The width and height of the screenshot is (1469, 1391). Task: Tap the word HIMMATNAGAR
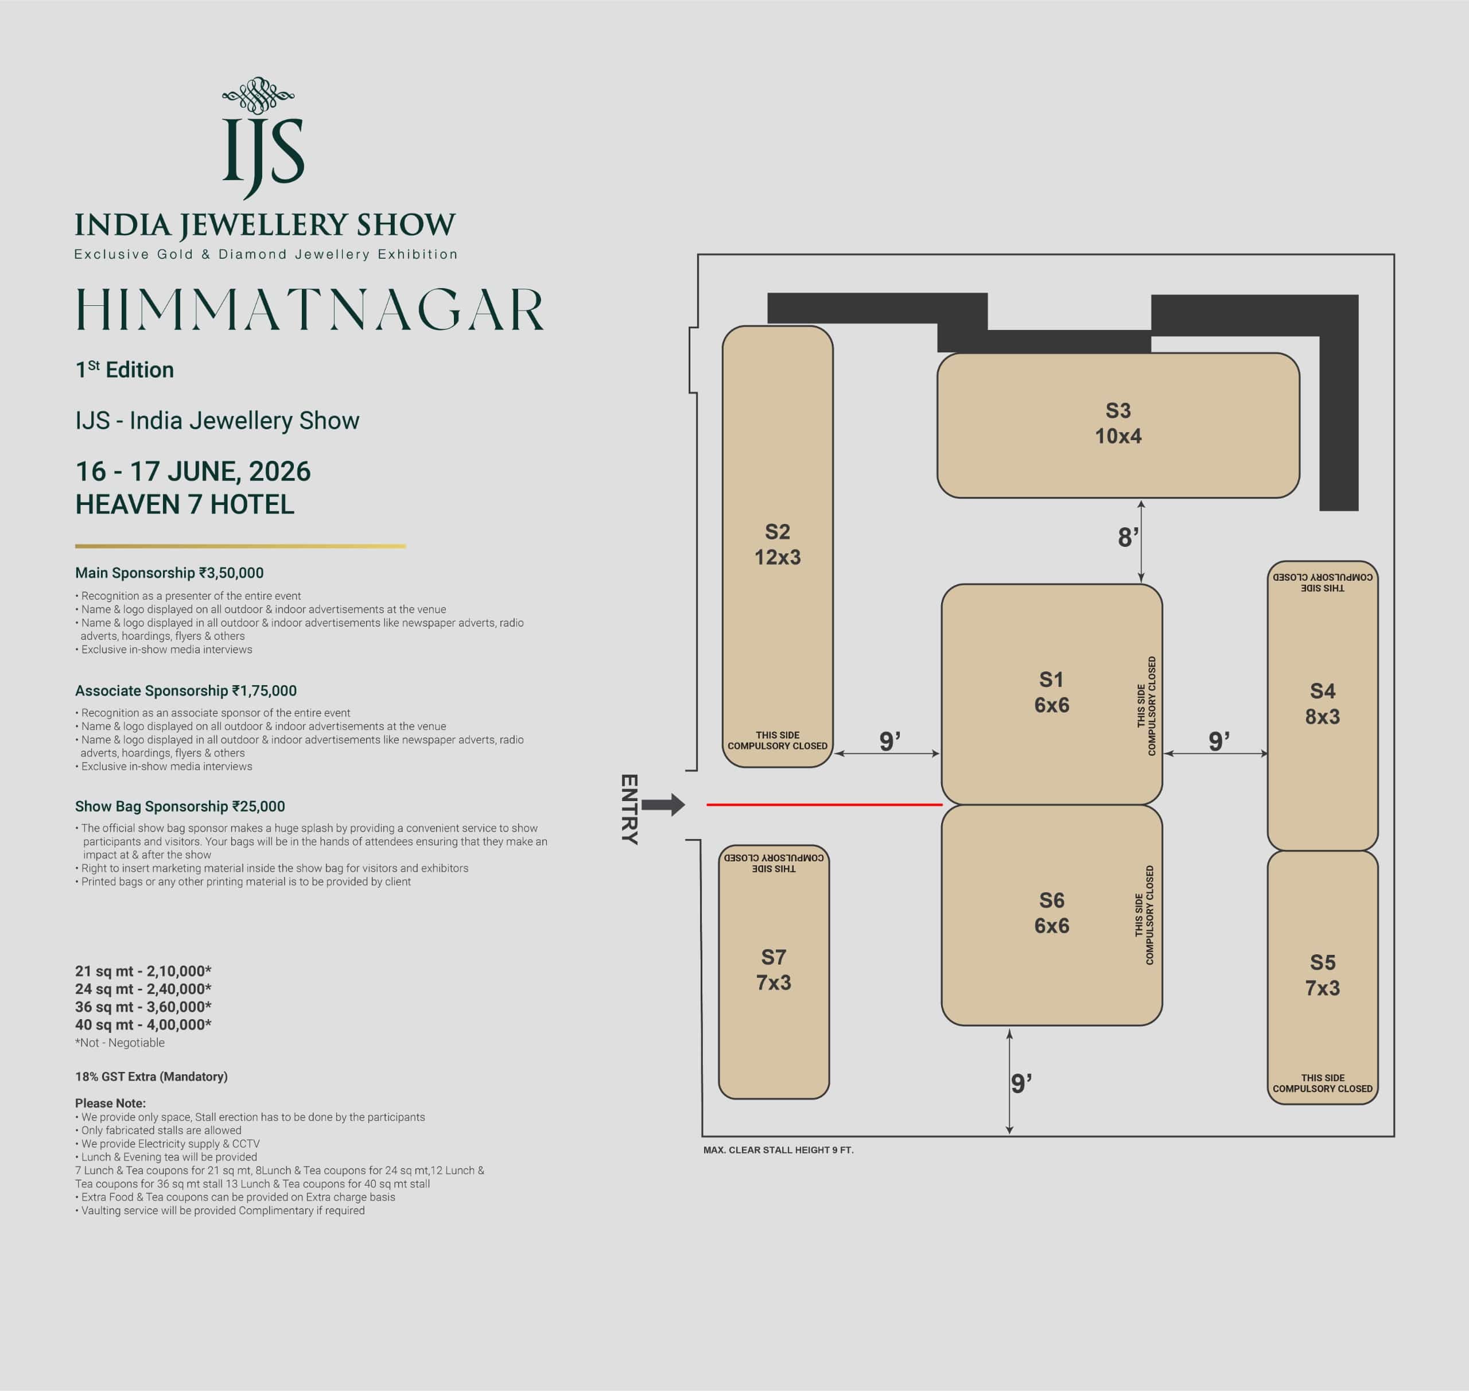coord(310,310)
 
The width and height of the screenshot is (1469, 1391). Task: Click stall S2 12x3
coord(777,546)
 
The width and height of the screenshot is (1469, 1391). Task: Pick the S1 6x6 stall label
coord(1051,693)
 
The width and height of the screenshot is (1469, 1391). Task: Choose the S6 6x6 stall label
coord(1051,913)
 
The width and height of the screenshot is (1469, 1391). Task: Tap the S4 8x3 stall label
coord(1322,704)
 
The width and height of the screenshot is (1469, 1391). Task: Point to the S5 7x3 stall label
coord(1322,975)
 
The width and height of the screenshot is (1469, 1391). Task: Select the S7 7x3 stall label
coord(774,970)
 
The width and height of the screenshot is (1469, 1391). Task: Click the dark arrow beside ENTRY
coord(663,805)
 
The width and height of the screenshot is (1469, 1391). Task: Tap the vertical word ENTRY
coord(629,810)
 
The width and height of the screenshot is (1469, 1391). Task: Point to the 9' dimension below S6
coord(1021,1084)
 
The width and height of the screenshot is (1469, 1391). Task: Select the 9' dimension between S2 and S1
coord(889,741)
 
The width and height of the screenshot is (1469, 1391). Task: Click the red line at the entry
coord(824,805)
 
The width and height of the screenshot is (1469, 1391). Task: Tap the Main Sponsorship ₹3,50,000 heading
coord(169,573)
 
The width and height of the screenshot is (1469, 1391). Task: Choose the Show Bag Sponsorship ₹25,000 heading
coord(180,807)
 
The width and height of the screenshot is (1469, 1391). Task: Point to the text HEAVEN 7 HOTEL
coord(185,504)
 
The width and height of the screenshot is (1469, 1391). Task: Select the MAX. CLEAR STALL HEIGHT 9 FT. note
coord(779,1150)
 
